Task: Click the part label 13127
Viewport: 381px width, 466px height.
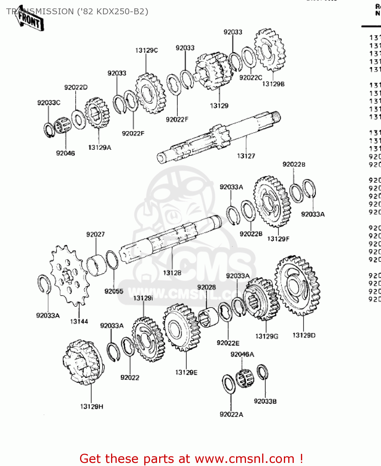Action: tap(246, 156)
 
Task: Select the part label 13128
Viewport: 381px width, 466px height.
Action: tap(172, 273)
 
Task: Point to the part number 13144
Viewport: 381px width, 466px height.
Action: tap(79, 322)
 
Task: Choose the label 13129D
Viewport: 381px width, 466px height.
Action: tap(304, 335)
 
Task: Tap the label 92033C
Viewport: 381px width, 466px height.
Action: tap(49, 103)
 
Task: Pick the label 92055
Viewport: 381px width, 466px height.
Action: tap(114, 291)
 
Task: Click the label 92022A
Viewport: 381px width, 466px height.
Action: tap(231, 414)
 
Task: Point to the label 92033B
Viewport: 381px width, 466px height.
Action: tap(265, 401)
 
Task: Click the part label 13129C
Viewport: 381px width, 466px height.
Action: tap(146, 50)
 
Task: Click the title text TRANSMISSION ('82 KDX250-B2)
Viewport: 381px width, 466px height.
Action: tap(77, 11)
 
